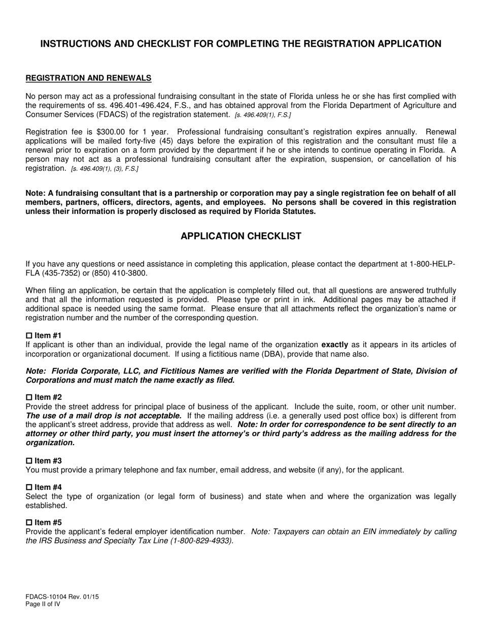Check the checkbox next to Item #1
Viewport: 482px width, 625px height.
tap(29, 336)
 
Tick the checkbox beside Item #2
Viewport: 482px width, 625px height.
tap(29, 397)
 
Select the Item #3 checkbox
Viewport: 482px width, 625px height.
tap(29, 461)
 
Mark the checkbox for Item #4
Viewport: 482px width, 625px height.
tap(29, 487)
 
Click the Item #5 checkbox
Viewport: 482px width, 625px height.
tap(29, 523)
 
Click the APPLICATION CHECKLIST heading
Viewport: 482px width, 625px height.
tap(241, 236)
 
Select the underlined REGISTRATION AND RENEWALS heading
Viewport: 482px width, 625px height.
tap(88, 78)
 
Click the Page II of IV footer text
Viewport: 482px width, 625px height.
tap(43, 604)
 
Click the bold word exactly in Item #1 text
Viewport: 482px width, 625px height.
tap(335, 345)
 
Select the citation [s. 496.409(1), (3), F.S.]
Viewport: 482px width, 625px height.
tap(105, 169)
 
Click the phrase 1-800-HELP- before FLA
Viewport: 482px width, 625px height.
tap(432, 264)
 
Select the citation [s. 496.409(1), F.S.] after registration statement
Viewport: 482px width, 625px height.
tap(263, 115)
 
